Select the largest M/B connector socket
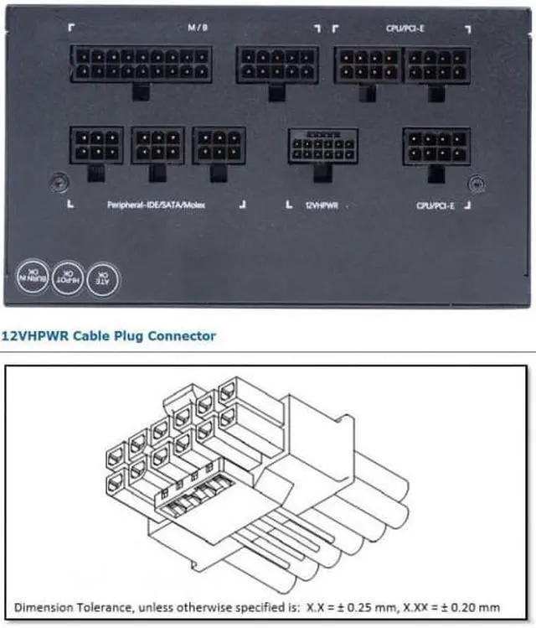141,64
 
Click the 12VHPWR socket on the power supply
322,145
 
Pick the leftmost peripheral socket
96,145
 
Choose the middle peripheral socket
157,145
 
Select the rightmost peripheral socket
219,145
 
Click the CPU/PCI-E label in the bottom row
435,204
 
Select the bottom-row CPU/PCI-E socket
435,145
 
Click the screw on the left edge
57,180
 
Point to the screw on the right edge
477,181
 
